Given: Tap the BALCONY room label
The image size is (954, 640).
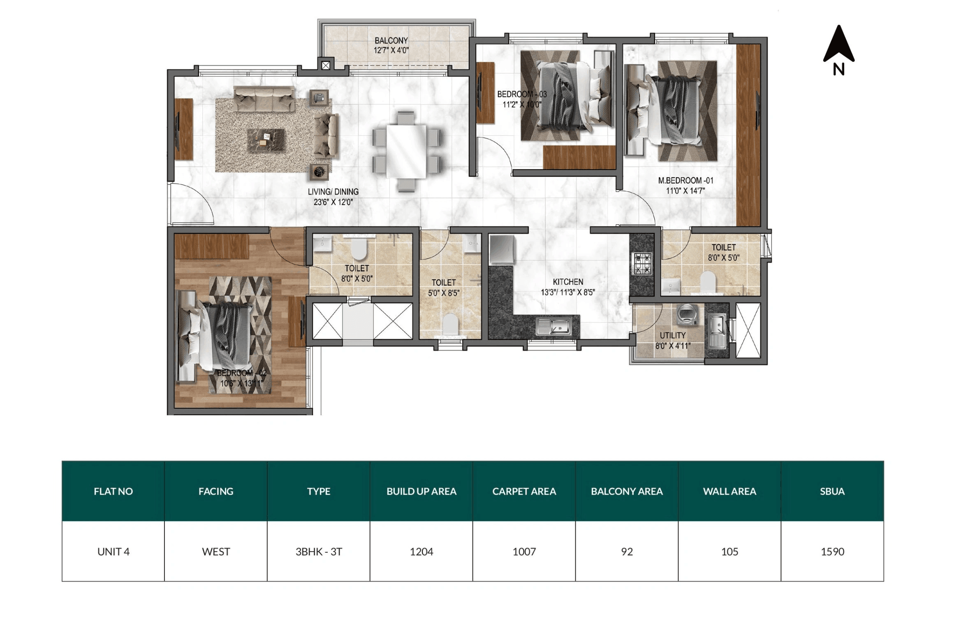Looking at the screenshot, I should tap(391, 41).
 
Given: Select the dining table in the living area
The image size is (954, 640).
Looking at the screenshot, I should tap(406, 151).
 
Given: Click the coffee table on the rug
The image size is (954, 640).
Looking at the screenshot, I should tap(266, 140).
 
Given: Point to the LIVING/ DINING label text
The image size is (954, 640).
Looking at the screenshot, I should tap(333, 192).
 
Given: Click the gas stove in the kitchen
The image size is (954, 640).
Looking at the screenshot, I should tap(642, 264).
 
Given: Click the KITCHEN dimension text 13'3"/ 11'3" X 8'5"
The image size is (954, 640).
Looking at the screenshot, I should tap(567, 293).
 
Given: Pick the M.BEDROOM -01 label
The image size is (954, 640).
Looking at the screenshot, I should tap(685, 181).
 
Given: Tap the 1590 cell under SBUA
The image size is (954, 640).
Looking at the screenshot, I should tap(832, 552).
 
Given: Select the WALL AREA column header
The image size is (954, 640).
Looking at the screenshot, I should tap(729, 491).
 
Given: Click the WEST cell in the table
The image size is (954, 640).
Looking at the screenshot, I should tap(216, 552).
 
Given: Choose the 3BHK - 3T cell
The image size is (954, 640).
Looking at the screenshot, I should tap(319, 552).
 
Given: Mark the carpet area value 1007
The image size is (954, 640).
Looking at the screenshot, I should tap(524, 552).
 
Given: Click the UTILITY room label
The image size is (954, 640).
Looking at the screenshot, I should tap(673, 335).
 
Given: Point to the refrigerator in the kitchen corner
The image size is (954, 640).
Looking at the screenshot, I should tap(501, 249).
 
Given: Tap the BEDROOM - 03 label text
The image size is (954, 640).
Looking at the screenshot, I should tap(521, 94).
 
